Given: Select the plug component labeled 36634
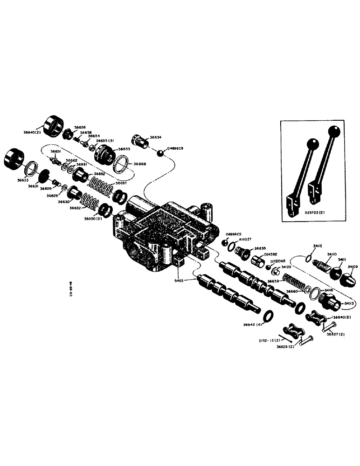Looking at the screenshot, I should coord(138,141).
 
